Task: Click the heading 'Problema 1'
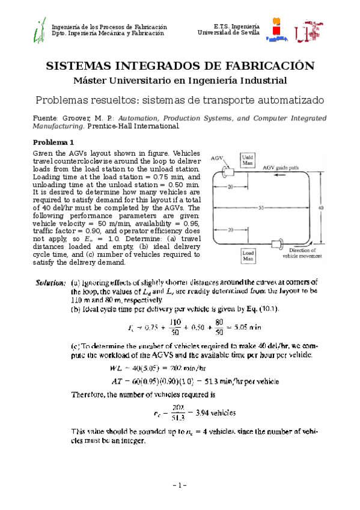tap(53, 143)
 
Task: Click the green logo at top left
tap(39, 30)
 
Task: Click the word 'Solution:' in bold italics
tap(50, 281)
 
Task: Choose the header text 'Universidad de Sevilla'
tap(228, 33)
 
